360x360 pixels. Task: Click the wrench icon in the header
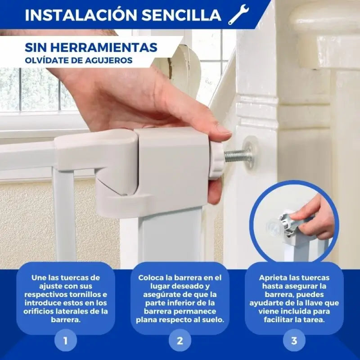pos(238,14)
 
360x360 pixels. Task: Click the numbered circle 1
pos(66,340)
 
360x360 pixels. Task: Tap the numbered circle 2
pos(180,340)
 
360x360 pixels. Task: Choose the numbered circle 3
pos(294,340)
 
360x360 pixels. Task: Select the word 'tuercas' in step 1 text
pos(85,278)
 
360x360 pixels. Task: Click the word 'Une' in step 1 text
pos(39,278)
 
